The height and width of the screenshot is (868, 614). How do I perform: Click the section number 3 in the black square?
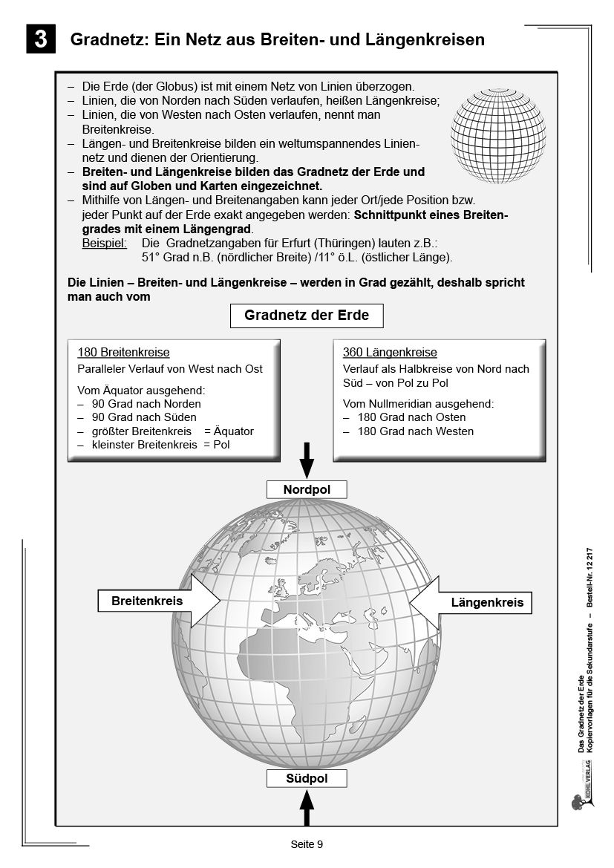pos(41,39)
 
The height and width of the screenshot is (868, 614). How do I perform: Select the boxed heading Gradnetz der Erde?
pos(307,316)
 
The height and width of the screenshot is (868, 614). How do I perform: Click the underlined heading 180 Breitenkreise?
pos(123,353)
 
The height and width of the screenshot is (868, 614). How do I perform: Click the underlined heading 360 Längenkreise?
pos(390,353)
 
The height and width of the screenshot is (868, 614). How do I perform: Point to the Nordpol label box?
pos(307,489)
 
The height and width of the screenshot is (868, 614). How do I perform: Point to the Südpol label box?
pos(307,778)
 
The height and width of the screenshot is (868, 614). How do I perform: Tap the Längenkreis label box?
pos(487,602)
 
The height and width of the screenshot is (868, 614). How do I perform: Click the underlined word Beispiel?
pos(104,243)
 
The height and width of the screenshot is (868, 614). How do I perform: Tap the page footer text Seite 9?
pos(307,844)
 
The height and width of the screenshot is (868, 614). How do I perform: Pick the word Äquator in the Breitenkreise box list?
pos(233,431)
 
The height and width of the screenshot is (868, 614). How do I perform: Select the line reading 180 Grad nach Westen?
pos(415,431)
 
